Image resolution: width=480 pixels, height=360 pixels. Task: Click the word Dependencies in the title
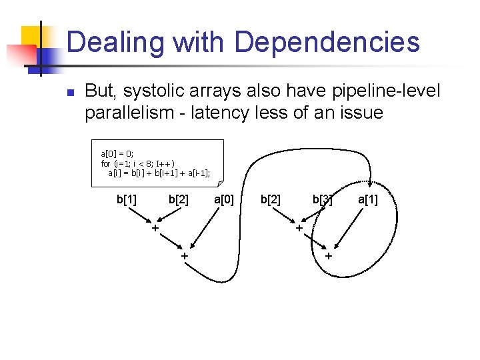327,43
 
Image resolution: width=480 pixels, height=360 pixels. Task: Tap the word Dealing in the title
115,43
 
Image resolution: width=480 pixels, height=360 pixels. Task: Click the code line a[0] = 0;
117,153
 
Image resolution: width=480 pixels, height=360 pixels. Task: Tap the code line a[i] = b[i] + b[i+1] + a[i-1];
159,173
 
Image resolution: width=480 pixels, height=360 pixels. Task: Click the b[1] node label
127,199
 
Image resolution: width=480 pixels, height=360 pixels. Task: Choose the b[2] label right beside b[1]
178,199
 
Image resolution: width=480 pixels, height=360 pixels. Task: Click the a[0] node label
224,199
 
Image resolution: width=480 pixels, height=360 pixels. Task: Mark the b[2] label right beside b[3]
270,199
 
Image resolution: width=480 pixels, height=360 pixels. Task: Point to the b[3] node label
323,199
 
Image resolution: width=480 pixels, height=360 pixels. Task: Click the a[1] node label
368,199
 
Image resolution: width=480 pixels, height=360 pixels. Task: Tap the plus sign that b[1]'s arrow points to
155,229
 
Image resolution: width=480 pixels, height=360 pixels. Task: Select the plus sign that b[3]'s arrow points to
299,229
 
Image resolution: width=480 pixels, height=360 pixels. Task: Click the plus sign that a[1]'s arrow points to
328,256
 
